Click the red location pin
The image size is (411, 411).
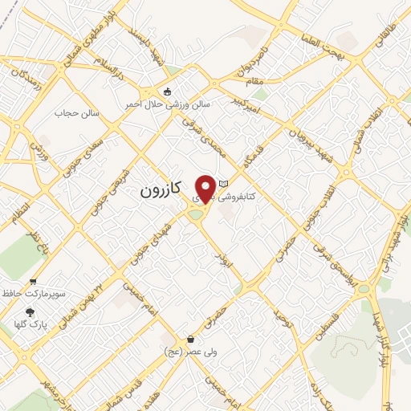205,188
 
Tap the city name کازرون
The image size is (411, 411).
161,190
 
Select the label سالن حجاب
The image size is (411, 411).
76,112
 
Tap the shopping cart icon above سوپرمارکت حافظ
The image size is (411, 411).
33,281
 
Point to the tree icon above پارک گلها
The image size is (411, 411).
31,311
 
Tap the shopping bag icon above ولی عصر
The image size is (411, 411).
190,339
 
